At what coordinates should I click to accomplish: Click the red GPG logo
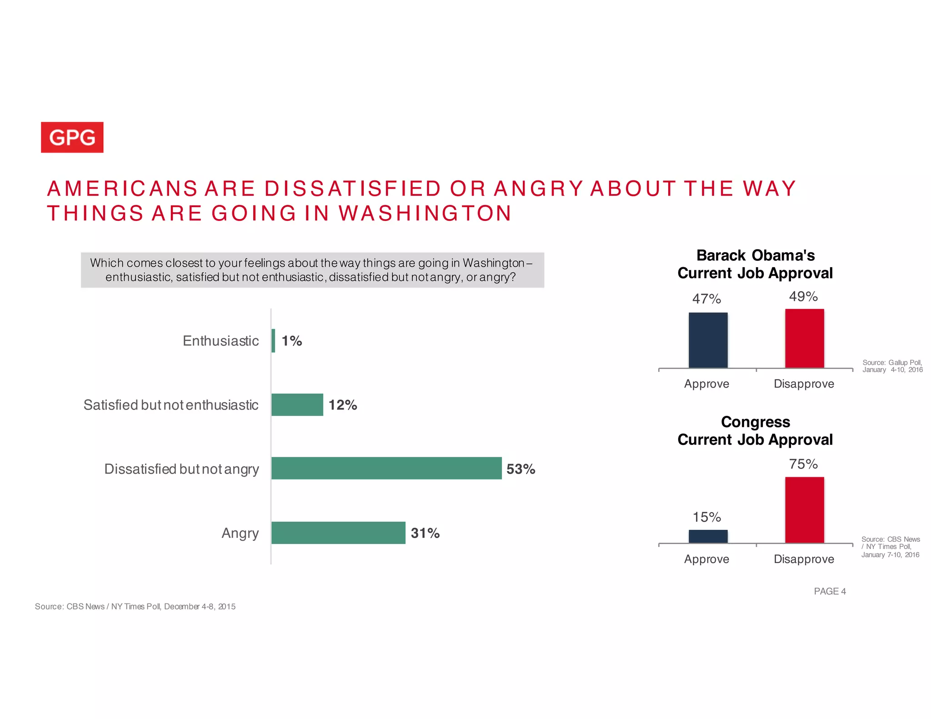click(x=72, y=137)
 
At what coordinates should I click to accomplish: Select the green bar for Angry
click(x=338, y=533)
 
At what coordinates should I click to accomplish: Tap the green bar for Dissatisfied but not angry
click(x=386, y=468)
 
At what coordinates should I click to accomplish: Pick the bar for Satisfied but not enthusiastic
click(x=297, y=404)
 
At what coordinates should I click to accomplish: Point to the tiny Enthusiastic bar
click(x=273, y=340)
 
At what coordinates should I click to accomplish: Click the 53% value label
click(x=521, y=469)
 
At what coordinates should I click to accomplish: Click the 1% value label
click(x=291, y=341)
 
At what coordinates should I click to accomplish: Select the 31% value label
click(x=425, y=533)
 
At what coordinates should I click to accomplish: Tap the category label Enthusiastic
click(x=220, y=341)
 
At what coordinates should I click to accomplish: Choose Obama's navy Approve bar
click(x=708, y=340)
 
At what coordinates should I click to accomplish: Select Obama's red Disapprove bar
click(x=804, y=339)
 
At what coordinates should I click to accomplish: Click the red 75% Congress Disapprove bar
click(x=804, y=509)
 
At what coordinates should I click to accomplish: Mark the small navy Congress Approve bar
click(x=708, y=536)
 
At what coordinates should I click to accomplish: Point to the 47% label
click(x=706, y=299)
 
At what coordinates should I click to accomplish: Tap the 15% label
click(x=706, y=517)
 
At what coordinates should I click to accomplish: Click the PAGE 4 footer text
click(x=830, y=591)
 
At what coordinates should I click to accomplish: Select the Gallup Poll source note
click(x=892, y=366)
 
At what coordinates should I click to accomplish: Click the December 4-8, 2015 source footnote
click(x=135, y=606)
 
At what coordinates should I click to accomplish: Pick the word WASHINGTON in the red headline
click(x=425, y=213)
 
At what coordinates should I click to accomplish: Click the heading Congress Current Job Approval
click(x=755, y=430)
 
